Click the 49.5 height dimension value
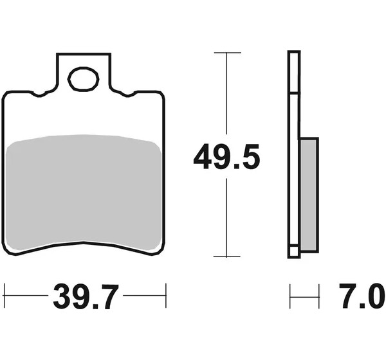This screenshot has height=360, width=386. (226, 156)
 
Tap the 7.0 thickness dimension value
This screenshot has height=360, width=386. (362, 296)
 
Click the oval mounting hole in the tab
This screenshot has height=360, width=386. (84, 79)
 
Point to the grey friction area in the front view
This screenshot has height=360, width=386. (84, 192)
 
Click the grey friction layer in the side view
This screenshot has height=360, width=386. (309, 195)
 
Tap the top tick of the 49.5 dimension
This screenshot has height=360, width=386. (227, 53)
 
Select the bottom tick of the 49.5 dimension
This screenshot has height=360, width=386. (226, 256)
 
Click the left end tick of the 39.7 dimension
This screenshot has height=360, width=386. (5, 296)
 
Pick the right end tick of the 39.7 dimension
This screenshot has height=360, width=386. (166, 296)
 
